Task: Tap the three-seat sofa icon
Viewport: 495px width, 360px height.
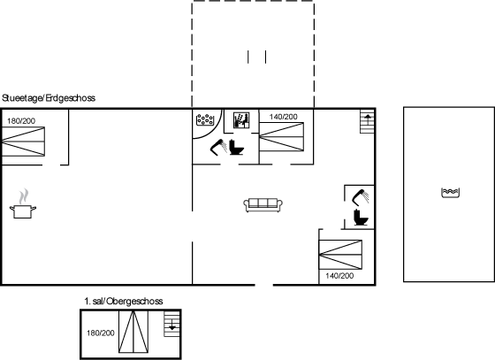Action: (x=263, y=205)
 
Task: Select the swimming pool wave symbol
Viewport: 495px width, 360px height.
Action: (x=450, y=192)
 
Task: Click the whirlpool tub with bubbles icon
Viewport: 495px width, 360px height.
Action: (x=205, y=119)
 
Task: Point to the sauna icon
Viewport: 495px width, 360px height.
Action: (x=241, y=120)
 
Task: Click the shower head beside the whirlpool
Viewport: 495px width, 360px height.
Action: (x=218, y=147)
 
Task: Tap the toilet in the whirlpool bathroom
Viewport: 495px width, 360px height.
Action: (x=236, y=147)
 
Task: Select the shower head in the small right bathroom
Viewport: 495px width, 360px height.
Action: (x=361, y=197)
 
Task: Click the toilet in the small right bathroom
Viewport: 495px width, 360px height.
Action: (x=361, y=218)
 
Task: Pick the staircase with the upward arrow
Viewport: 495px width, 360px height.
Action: (x=368, y=121)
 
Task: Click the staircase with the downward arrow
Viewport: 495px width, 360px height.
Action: (x=172, y=324)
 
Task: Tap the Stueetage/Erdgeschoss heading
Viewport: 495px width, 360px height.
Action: (x=49, y=98)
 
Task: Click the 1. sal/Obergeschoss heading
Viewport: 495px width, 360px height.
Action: (x=124, y=302)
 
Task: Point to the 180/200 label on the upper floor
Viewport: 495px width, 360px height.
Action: (x=101, y=333)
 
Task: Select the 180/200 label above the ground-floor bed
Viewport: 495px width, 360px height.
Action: (x=21, y=120)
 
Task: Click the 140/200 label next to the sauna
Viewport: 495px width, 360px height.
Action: (x=283, y=117)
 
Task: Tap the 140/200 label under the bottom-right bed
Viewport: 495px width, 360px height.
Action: (x=339, y=276)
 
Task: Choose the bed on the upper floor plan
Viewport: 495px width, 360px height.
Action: (x=133, y=332)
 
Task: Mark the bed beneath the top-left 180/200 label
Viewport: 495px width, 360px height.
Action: (x=23, y=142)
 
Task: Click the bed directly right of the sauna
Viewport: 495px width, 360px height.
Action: (x=282, y=137)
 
